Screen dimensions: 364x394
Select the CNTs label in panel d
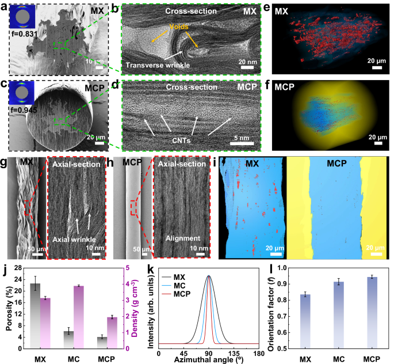[180, 139]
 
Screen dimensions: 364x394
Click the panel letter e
[263, 7]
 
